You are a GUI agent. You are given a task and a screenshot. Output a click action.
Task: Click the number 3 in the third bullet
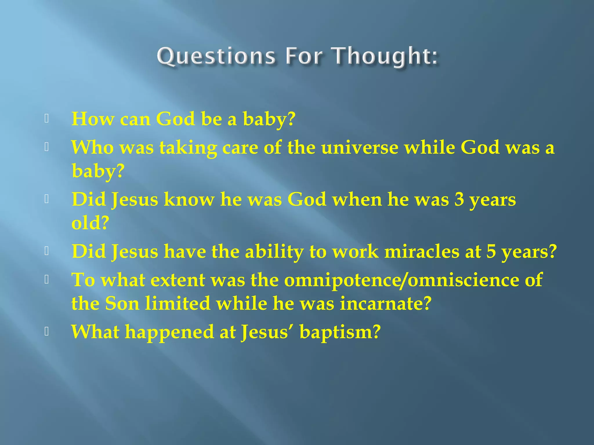tap(459, 200)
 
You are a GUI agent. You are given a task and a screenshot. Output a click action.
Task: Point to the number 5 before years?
tap(491, 251)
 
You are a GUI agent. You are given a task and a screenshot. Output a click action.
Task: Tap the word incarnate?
tap(386, 304)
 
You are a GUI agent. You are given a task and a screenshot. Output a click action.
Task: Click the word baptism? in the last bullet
tap(340, 332)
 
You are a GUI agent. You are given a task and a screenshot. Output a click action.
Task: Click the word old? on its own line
tap(90, 223)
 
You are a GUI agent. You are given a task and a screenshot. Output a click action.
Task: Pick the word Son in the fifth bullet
tap(122, 304)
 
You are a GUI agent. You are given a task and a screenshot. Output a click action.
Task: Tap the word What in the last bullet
tap(95, 332)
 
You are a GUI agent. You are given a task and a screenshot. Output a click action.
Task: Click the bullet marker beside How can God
tap(46, 118)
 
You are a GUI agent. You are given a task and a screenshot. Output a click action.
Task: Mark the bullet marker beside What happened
tap(46, 332)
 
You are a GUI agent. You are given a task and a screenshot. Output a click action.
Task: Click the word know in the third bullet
tap(189, 200)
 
